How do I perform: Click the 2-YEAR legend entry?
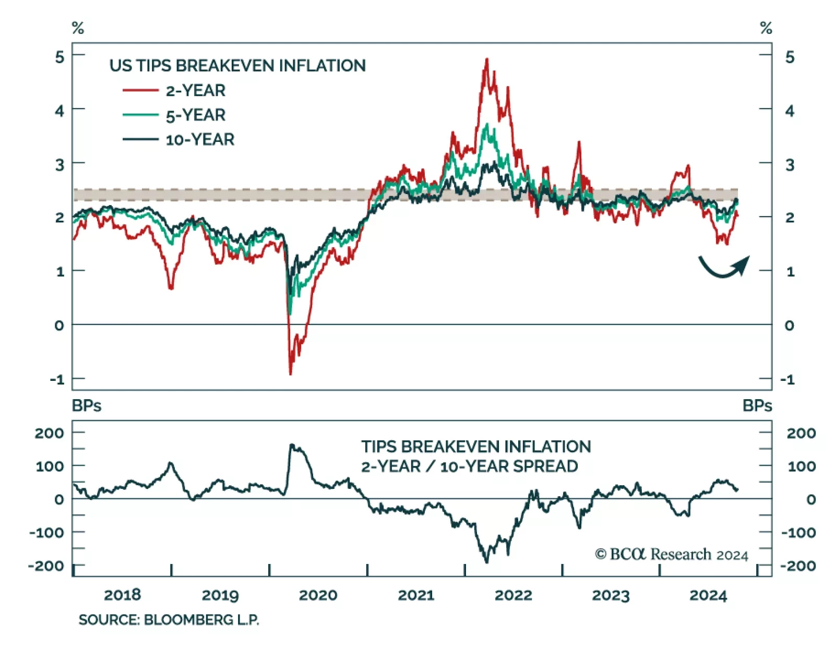coord(195,91)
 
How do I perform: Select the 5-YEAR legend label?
coord(195,115)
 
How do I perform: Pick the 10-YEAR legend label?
coord(200,140)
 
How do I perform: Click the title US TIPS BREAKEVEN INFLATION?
coord(237,66)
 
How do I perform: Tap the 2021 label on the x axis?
coord(416,595)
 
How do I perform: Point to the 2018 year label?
coord(123,595)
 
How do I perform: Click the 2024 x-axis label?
coord(708,595)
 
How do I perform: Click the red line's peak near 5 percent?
coord(487,59)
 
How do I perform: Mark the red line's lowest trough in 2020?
coord(290,374)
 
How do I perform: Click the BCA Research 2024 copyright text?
coord(671,554)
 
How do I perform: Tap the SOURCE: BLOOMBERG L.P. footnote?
coord(169,620)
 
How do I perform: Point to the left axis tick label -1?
coord(57,379)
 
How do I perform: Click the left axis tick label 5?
coord(60,57)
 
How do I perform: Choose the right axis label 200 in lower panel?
coord(801,433)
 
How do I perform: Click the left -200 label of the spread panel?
coord(46,566)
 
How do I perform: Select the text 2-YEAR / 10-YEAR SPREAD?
coord(469,466)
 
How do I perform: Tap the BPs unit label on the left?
coord(87,406)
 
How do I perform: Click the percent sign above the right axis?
coord(766,28)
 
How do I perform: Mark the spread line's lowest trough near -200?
coord(487,562)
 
